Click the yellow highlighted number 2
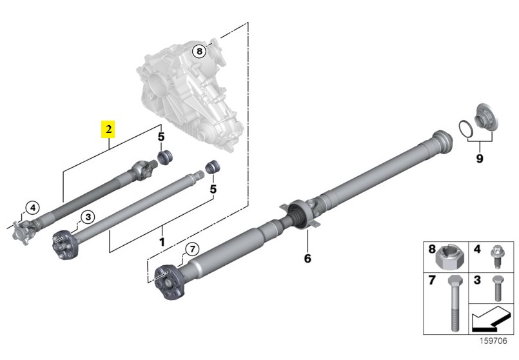(x=108, y=130)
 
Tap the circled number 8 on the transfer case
(x=199, y=52)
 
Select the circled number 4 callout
(x=32, y=208)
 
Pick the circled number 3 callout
(x=88, y=217)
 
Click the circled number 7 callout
(x=193, y=249)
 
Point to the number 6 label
(x=308, y=258)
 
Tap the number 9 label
(x=480, y=159)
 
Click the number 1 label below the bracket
(x=162, y=242)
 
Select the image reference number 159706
(x=493, y=341)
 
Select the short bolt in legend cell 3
(x=498, y=288)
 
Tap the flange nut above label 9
(x=485, y=119)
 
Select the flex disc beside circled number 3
(x=66, y=244)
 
